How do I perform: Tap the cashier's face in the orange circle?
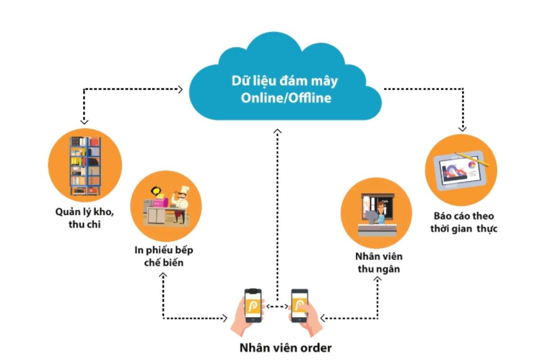(x=381, y=207)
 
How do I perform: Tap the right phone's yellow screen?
(x=299, y=306)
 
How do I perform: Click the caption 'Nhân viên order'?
(x=285, y=348)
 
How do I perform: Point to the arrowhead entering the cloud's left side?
(x=180, y=89)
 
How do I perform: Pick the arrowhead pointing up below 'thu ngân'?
(x=378, y=280)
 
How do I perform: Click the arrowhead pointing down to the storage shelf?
(x=84, y=121)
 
